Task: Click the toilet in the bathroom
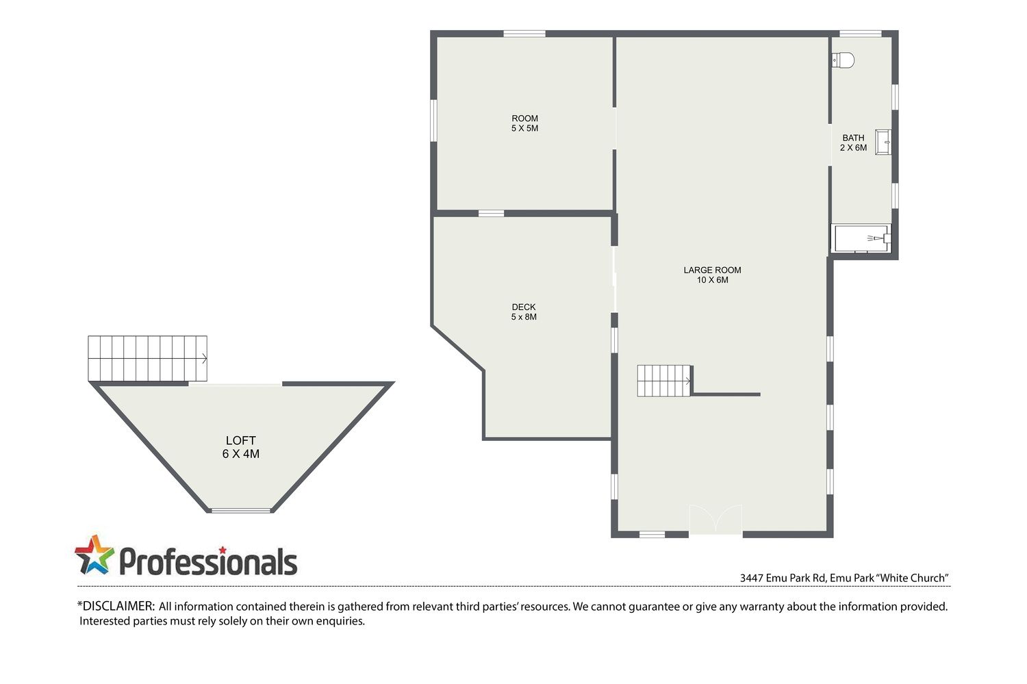click(843, 60)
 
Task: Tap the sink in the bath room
click(883, 142)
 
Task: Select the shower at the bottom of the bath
click(861, 238)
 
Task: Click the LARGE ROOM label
click(712, 270)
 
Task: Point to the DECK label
click(524, 307)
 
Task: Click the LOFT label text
click(241, 440)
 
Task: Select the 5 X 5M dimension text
click(524, 128)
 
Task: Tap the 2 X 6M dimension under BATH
click(853, 148)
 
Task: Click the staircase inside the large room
click(664, 381)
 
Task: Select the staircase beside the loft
click(147, 359)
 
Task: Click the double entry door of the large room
click(715, 520)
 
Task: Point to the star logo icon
click(94, 555)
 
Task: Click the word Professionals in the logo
click(208, 561)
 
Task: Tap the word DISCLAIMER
click(118, 606)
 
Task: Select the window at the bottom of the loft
click(241, 510)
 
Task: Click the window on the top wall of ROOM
click(524, 34)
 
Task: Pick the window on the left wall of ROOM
click(433, 121)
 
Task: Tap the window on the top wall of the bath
click(860, 34)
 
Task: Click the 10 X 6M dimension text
click(712, 280)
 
